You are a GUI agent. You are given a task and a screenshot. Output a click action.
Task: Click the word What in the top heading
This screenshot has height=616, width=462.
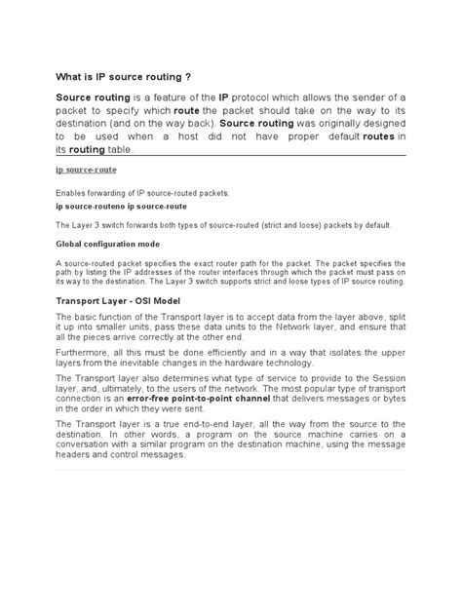pos(71,77)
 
